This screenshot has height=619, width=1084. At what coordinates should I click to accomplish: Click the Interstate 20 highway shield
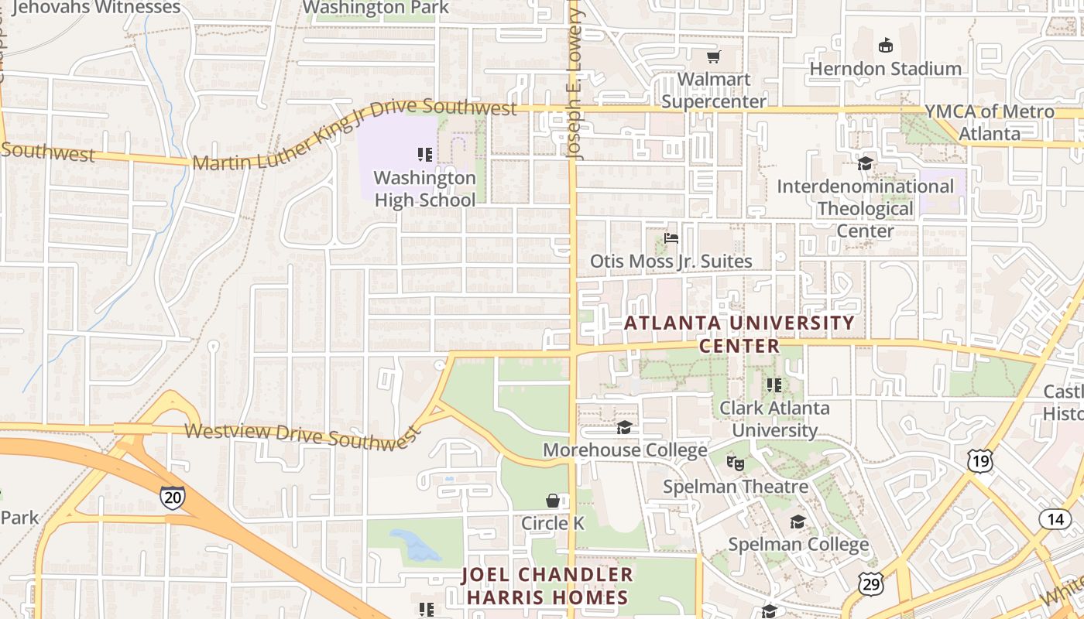(x=173, y=497)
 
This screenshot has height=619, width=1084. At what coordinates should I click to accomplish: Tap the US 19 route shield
(x=979, y=461)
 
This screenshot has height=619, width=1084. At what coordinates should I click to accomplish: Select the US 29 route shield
(x=872, y=584)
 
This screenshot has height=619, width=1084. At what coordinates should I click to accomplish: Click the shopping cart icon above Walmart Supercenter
(x=713, y=56)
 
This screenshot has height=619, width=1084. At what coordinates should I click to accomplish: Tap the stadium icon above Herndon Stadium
(x=885, y=46)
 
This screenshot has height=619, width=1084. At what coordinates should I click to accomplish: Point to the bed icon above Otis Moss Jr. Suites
(x=671, y=238)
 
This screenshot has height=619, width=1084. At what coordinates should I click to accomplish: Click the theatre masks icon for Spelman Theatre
(x=735, y=463)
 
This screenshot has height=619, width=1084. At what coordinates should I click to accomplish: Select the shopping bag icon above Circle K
(x=553, y=501)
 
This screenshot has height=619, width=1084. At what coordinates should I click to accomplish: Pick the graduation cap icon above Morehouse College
(x=624, y=427)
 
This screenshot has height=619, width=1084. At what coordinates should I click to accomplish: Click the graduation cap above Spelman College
(x=798, y=522)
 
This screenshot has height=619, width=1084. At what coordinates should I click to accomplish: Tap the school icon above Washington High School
(x=424, y=155)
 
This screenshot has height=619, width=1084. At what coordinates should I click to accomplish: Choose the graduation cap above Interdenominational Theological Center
(x=865, y=163)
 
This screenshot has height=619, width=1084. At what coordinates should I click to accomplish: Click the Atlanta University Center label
(x=739, y=333)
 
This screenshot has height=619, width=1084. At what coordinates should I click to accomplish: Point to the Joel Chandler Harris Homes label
(x=547, y=586)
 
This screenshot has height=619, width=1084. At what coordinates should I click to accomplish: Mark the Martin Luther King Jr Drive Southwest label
(x=354, y=135)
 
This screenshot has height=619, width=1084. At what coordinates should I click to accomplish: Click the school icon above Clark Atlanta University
(x=774, y=385)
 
